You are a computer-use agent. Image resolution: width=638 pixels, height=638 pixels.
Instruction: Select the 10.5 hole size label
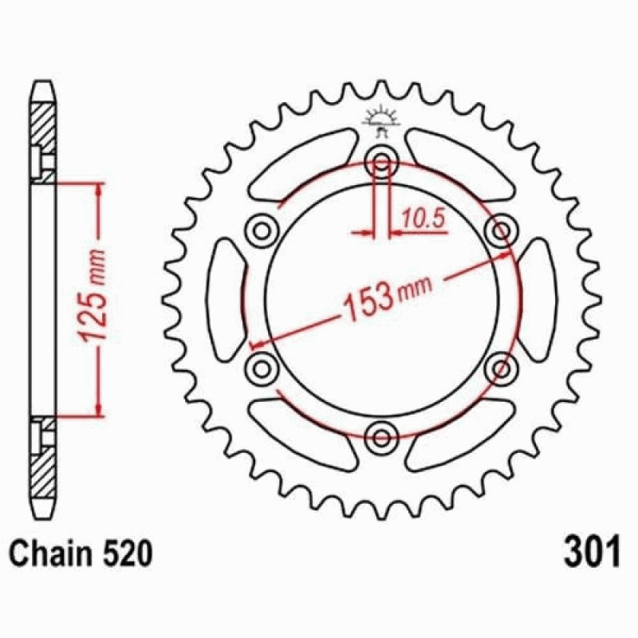[423, 219]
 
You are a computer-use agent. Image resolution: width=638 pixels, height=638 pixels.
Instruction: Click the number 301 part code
[592, 551]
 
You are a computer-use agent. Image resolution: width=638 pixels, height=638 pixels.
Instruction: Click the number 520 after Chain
[127, 553]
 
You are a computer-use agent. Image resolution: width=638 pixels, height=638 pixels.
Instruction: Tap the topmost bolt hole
[381, 162]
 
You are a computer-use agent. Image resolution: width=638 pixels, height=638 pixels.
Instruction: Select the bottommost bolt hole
[381, 438]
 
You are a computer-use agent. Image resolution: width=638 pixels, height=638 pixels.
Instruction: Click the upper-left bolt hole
[262, 231]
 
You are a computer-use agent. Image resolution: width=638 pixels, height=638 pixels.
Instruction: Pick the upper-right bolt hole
[502, 231]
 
